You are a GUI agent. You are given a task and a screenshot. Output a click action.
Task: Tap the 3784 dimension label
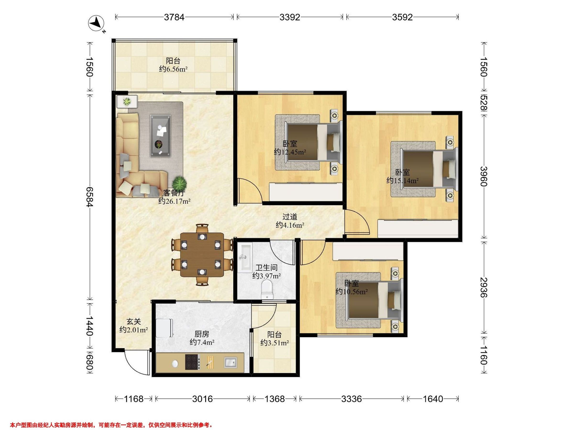coord(174,17)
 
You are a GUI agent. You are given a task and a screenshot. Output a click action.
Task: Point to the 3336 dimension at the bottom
coord(351,399)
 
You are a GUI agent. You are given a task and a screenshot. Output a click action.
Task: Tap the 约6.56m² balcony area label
coord(173,69)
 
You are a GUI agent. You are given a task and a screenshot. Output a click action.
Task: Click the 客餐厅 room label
coord(174,193)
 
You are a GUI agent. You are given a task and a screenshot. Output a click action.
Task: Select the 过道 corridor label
coord(290,216)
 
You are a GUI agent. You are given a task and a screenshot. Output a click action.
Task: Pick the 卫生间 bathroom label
coord(266,268)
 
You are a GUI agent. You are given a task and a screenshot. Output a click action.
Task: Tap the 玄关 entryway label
coord(134,322)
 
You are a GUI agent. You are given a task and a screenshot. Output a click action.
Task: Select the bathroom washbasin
coord(245,257)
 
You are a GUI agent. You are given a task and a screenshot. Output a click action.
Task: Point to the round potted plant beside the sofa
coord(179,183)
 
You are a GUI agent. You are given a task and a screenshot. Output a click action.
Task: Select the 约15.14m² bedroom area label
coord(403,180)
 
